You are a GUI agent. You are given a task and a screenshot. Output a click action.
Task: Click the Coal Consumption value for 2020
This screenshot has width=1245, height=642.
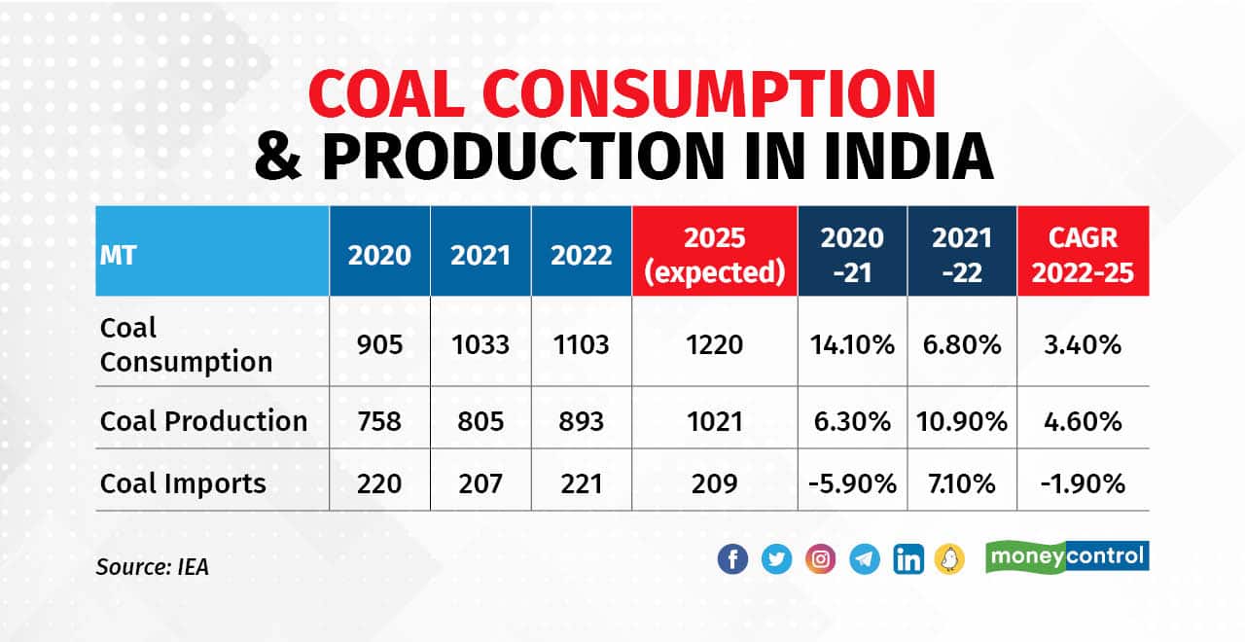point(379,344)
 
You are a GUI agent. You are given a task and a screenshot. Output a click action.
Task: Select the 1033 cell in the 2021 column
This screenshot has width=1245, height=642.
point(480,344)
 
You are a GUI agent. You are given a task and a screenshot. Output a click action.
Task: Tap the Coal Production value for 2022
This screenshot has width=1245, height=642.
point(581,421)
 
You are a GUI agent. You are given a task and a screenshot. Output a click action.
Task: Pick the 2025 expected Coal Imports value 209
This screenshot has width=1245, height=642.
point(714,482)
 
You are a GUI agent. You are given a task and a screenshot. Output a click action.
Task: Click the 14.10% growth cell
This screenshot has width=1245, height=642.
point(852,344)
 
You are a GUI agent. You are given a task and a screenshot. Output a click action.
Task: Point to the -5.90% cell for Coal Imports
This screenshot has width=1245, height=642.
point(852,482)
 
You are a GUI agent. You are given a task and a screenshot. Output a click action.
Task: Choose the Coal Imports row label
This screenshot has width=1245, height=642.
point(183,482)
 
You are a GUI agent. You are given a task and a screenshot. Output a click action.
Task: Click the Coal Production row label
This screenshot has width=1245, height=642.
point(203,421)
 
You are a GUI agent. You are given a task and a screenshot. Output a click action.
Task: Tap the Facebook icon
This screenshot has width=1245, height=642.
point(732,559)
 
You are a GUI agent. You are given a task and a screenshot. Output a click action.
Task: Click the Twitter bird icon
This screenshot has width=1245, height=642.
point(776,559)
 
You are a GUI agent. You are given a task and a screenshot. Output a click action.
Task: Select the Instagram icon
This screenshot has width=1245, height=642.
point(821,559)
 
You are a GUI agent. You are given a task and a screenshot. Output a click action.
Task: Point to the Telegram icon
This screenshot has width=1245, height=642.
point(865,559)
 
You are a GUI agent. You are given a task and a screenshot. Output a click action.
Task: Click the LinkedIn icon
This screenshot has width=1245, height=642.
point(908,559)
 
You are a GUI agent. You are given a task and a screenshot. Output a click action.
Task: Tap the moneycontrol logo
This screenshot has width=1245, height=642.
point(1067,557)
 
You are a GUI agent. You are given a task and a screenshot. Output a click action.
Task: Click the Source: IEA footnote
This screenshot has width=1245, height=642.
point(152,566)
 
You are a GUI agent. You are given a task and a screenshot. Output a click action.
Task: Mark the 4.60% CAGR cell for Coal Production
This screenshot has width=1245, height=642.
point(1083,421)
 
